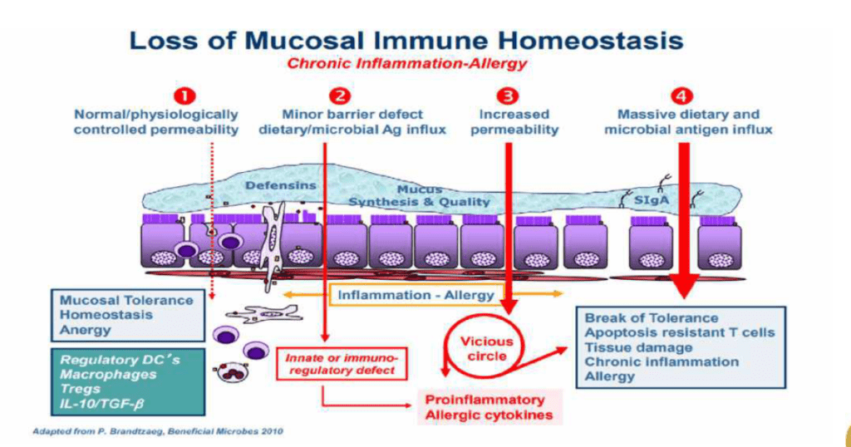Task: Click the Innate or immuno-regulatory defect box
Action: [x=342, y=363]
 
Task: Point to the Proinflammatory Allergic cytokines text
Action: [x=489, y=407]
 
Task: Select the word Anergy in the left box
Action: [x=84, y=330]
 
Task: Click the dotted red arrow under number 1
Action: [x=212, y=216]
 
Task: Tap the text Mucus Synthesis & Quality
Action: [x=419, y=196]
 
